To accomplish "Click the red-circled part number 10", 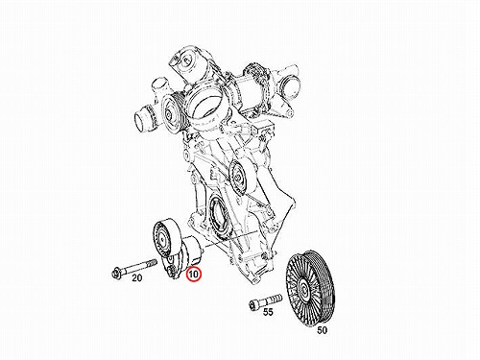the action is (x=194, y=275).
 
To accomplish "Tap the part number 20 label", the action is (x=136, y=278).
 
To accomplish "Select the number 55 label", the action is (x=268, y=312).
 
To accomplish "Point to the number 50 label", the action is (x=323, y=330).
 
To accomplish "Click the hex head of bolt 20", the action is (x=115, y=274).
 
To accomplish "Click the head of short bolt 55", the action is (x=252, y=305).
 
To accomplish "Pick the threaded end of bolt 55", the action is (x=277, y=299).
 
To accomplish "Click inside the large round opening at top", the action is (x=208, y=105).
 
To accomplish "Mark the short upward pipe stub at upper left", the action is (x=159, y=87).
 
